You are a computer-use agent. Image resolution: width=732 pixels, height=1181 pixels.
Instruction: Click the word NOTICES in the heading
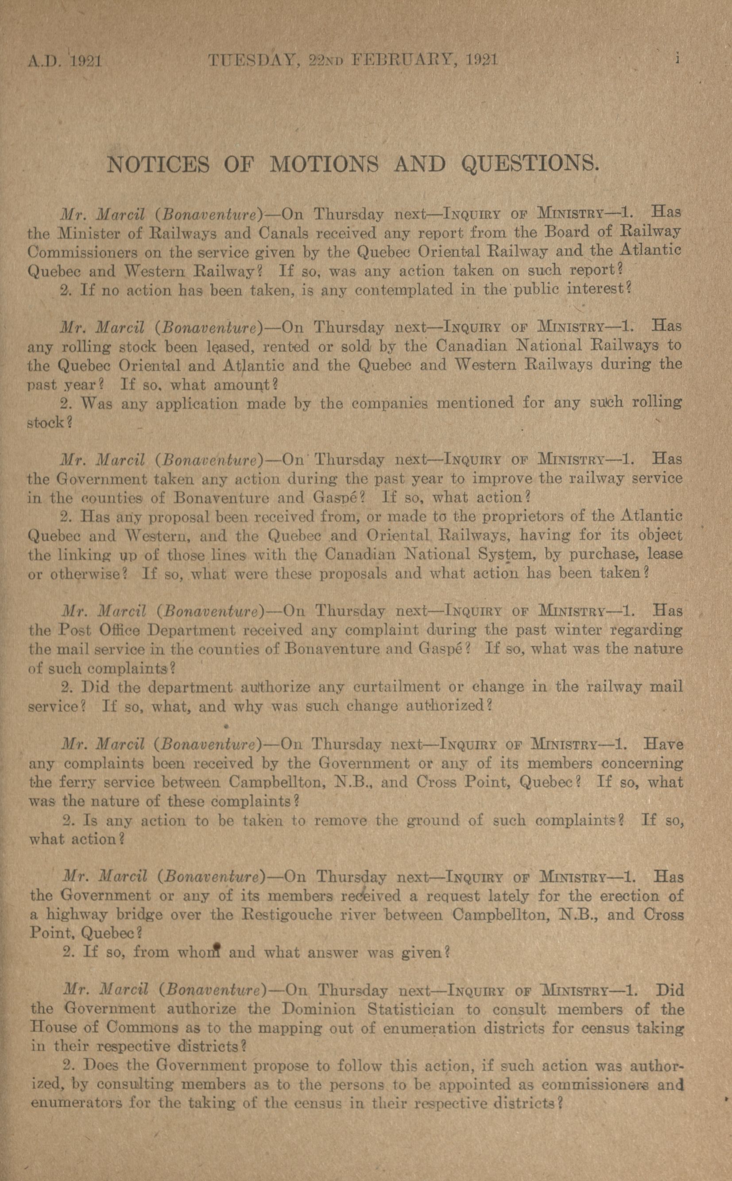coord(158,165)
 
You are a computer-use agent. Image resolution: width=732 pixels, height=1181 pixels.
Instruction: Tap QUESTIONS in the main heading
coord(531,165)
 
